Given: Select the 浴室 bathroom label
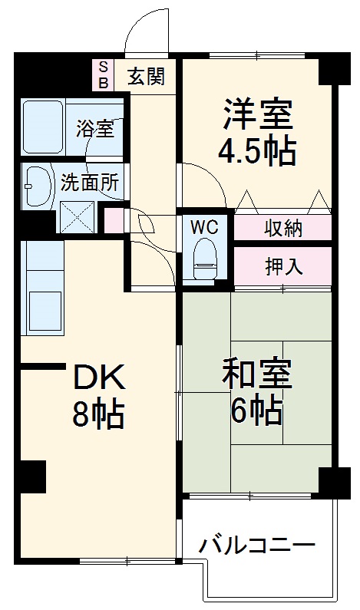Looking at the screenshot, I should pos(94,128).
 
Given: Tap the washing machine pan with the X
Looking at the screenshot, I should pos(76,216).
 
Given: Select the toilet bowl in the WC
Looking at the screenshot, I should pos(205,259).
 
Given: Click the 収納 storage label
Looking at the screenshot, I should pos(283,228).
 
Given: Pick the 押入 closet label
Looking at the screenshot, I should pos(283,266).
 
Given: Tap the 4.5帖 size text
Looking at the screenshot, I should pos(256,153).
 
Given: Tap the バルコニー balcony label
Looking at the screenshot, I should pos(257,546).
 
